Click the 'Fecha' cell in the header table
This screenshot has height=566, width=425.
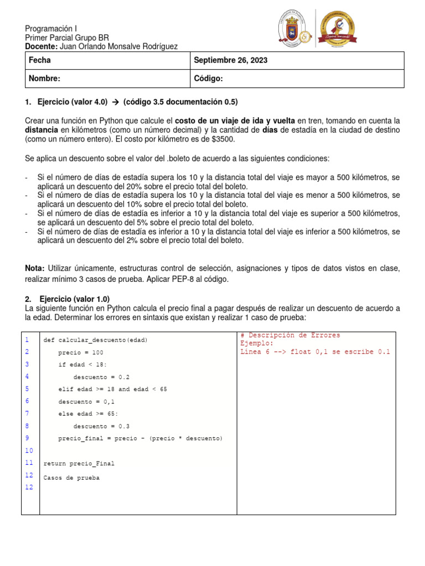pos(39,60)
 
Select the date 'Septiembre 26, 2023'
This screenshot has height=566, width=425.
pos(230,60)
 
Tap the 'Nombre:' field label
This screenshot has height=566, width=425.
pos(44,79)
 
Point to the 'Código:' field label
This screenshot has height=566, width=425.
pos(208,79)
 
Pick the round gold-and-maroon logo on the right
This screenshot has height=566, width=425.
pos(335,28)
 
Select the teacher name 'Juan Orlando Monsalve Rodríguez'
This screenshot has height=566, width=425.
pos(118,46)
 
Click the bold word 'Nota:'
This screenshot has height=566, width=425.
pos(35,268)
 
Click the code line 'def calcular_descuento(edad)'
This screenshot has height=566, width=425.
pos(96,340)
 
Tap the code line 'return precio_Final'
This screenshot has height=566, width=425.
pos(79,463)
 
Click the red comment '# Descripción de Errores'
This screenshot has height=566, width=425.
pos(291,336)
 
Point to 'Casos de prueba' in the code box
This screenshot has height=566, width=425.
pos(71,478)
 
